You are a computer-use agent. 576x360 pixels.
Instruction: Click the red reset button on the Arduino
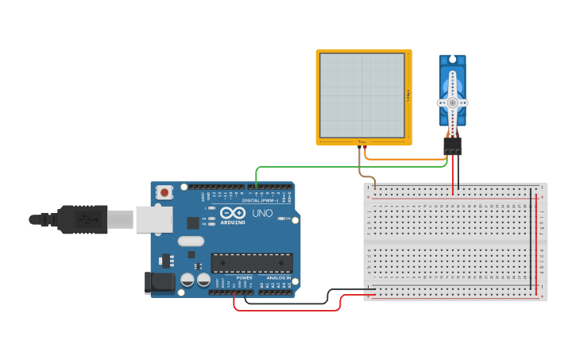164,192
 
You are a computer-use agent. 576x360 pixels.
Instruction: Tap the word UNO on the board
262,214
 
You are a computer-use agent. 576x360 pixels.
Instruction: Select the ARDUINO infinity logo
233,214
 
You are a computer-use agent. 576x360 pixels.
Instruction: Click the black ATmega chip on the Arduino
251,263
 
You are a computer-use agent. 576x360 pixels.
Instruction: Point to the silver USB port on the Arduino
153,219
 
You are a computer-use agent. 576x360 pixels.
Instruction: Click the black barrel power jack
160,282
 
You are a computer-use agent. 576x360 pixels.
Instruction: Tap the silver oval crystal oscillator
191,241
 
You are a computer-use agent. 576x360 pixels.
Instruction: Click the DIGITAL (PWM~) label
261,199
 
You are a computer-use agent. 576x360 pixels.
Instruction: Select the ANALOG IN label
278,277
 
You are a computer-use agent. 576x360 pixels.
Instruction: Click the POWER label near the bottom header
244,277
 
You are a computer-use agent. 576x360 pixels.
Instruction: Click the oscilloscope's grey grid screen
362,95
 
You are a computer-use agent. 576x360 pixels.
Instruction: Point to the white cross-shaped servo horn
453,103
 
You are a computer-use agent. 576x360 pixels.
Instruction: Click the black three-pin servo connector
452,145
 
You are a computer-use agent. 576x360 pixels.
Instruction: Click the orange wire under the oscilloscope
405,160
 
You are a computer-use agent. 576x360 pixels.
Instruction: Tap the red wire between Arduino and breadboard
286,309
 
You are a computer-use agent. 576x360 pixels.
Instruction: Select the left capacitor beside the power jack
187,281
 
